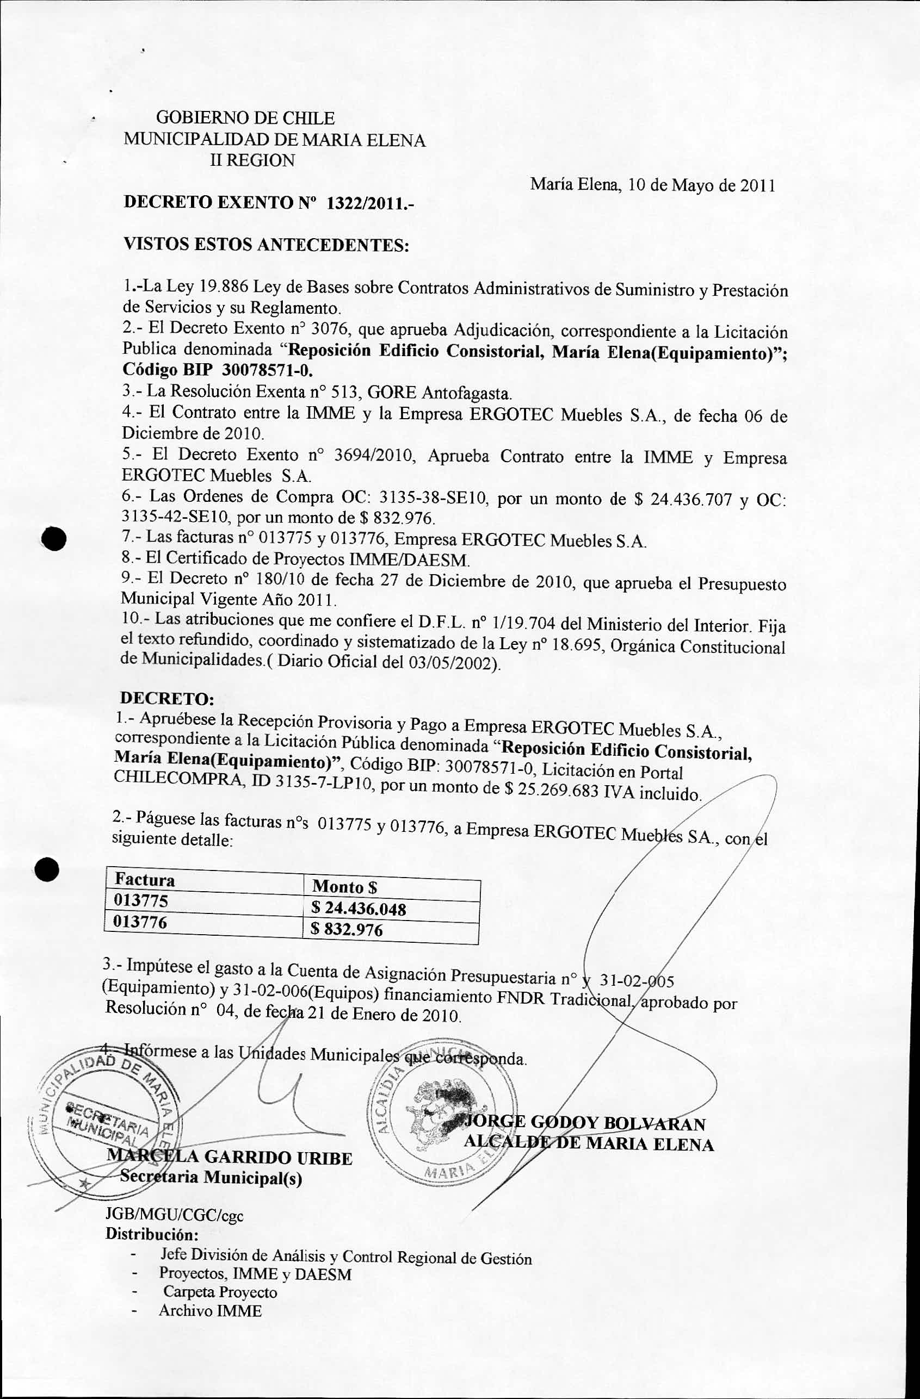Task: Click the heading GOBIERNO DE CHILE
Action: coord(245,118)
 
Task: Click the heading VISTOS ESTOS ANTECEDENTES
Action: coord(265,245)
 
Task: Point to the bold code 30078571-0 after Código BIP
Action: coord(268,370)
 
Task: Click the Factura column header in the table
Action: coord(145,879)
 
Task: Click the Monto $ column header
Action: coord(345,886)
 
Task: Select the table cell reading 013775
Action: coord(140,900)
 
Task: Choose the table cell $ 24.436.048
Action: coord(359,909)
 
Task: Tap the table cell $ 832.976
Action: coord(347,930)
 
